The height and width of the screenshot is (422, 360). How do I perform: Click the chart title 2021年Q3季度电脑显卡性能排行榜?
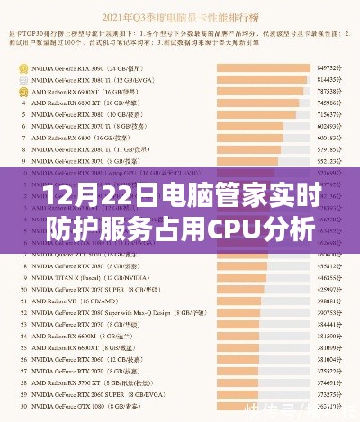tap(179, 16)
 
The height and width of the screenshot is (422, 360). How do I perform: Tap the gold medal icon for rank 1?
tap(22, 67)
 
